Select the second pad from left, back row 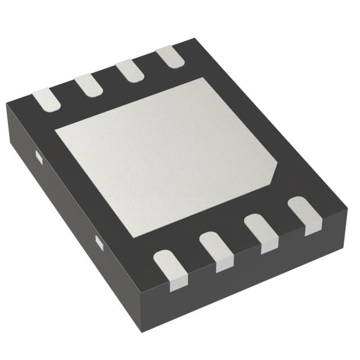[88, 85]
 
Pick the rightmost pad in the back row [168, 57]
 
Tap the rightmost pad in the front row [304, 215]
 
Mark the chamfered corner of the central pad [277, 169]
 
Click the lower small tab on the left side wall [99, 242]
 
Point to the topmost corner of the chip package [194, 39]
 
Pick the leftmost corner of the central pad [55, 134]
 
